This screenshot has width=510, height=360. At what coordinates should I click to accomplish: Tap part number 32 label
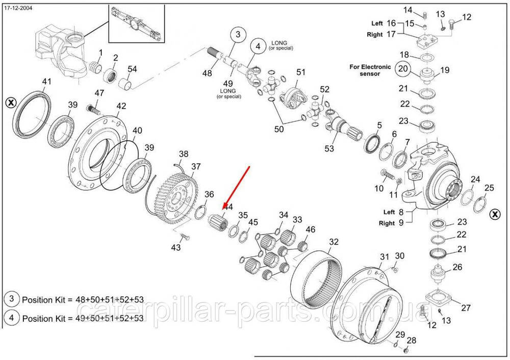(334, 242)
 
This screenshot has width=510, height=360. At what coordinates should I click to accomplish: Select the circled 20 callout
(403, 69)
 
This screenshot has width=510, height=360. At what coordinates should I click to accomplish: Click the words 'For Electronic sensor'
(370, 70)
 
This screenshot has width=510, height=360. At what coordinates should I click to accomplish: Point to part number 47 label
(99, 93)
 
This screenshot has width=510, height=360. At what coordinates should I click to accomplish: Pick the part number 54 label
(132, 69)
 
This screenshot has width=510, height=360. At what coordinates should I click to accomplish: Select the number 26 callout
(457, 267)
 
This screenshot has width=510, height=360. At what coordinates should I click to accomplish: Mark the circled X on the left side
(10, 102)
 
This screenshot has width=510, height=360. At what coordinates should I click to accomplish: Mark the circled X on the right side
(494, 214)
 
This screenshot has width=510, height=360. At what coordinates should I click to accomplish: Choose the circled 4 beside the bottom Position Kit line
(11, 318)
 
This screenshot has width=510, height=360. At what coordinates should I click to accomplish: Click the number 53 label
(329, 148)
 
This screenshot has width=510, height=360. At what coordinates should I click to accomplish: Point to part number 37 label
(196, 166)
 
